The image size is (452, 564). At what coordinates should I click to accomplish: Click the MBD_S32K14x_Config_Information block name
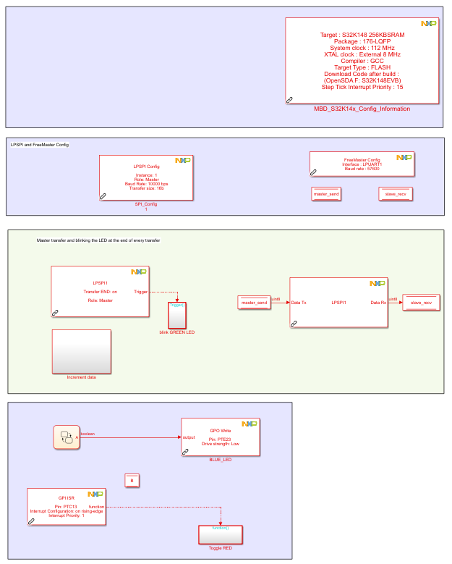tap(362, 109)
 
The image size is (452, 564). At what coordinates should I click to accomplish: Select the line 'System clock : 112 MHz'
tap(362, 48)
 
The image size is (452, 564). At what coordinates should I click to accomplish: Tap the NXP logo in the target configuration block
tap(428, 24)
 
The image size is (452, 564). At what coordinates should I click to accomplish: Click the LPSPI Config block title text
tap(146, 166)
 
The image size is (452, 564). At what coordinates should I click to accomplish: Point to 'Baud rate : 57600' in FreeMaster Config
tap(362, 169)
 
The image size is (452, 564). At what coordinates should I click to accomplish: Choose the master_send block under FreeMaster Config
tap(325, 194)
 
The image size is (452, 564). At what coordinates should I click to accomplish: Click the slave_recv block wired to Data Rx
tap(421, 303)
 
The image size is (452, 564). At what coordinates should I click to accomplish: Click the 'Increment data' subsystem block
tap(81, 352)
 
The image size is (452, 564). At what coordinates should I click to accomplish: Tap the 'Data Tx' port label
tap(299, 303)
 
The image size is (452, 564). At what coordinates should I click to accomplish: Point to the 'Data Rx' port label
tap(378, 303)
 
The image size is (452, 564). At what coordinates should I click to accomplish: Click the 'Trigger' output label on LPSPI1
tap(141, 292)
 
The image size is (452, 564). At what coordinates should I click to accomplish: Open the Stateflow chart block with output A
tap(67, 437)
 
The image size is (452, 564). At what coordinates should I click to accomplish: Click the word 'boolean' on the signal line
tap(88, 434)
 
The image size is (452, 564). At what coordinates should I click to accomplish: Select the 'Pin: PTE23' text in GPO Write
tap(220, 439)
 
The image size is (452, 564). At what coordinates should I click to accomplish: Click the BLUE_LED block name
tap(220, 460)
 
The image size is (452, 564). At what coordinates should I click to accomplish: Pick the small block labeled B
tap(131, 480)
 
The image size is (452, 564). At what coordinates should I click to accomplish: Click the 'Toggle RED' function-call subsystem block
tap(221, 535)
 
